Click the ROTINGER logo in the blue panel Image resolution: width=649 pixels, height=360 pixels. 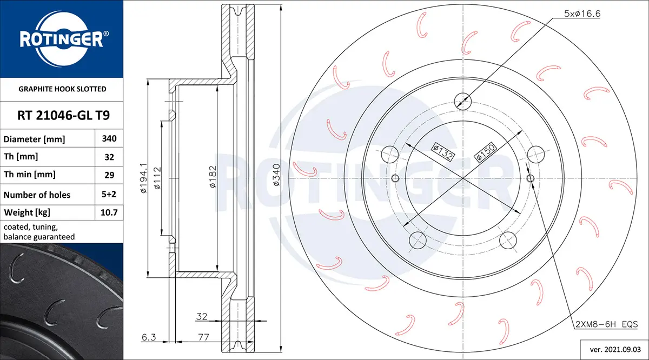point(62,39)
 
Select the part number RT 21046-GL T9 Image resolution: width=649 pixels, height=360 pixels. point(63,115)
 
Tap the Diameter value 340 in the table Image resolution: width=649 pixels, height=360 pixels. point(109,138)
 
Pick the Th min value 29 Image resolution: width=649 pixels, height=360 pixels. point(109,175)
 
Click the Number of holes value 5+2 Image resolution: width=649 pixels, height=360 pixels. point(109,194)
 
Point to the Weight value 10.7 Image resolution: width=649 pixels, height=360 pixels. point(109,212)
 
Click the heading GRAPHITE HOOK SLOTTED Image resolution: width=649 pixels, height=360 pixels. point(62,89)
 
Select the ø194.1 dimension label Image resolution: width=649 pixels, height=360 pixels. point(144,178)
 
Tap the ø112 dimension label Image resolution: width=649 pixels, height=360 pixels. point(157,178)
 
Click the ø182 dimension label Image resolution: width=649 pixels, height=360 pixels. point(213,177)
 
